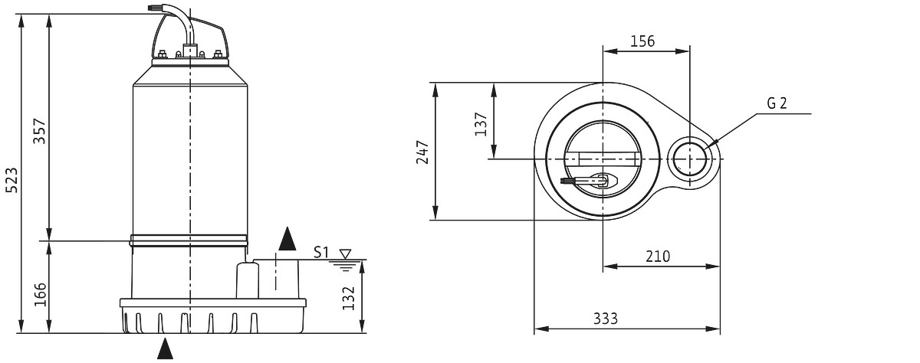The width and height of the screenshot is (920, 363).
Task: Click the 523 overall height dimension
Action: coord(12,180)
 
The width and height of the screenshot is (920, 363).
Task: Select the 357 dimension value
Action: coord(40,131)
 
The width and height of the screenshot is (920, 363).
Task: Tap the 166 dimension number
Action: coord(40,294)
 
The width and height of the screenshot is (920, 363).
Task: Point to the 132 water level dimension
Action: coord(348,298)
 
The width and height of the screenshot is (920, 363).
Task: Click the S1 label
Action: coord(321,252)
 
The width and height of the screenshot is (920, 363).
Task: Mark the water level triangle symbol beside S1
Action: coord(346,254)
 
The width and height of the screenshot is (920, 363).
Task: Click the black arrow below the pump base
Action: coord(165,348)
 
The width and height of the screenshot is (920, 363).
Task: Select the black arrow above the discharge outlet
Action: coord(287,239)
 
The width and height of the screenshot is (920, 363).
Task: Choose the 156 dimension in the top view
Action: coord(642,41)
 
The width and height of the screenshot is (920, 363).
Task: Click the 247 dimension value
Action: coord(422,152)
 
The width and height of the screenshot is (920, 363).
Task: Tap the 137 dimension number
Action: coord(481,124)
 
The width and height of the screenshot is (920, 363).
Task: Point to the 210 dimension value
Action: coord(658,257)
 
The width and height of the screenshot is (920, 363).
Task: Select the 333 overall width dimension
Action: coord(606,319)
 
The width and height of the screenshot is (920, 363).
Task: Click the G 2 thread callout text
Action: coord(777,103)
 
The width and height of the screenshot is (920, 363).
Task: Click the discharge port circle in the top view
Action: coord(689,159)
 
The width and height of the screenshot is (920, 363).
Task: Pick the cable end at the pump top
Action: coord(153,8)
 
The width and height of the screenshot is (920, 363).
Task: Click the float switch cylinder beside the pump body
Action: coord(247,280)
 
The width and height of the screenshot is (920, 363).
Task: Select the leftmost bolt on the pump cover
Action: coord(163,54)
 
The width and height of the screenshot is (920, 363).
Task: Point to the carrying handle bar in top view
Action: coord(602,159)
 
